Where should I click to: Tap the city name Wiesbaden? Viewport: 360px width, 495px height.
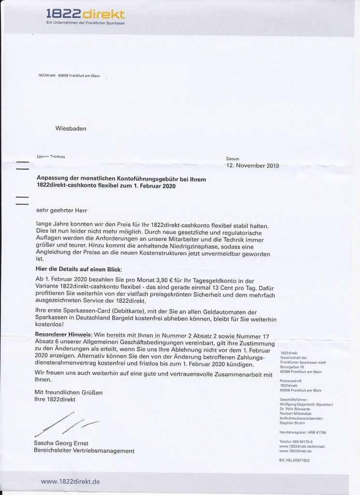tap(71, 129)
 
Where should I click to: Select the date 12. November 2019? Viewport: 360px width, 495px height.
tap(253, 166)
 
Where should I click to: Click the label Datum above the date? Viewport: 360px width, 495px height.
tap(232, 159)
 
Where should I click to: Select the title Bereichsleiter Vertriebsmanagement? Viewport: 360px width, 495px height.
tap(84, 451)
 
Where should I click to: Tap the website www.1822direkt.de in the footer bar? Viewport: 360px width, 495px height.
tap(71, 481)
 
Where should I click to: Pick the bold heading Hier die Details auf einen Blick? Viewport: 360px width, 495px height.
tap(80, 269)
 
